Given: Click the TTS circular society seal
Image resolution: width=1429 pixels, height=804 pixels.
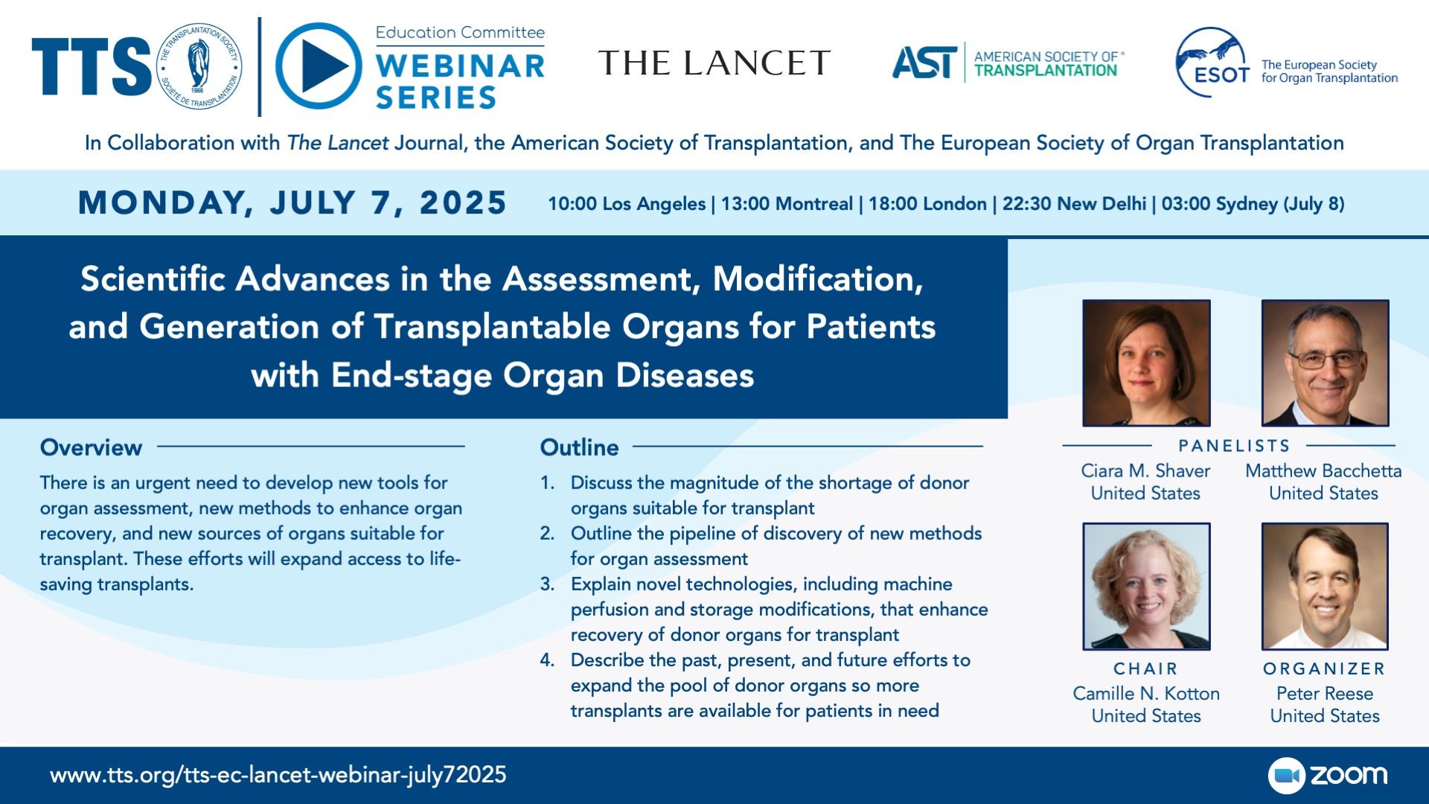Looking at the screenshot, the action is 197,66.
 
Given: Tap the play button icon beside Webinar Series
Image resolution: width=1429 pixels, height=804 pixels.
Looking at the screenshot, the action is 319,66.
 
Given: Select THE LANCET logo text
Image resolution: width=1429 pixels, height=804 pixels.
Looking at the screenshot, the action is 714,63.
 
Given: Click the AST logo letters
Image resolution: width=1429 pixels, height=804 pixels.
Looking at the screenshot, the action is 924,63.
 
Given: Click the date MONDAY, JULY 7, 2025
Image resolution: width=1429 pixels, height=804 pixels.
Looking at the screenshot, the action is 292,203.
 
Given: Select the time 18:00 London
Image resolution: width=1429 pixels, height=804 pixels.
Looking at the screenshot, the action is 927,204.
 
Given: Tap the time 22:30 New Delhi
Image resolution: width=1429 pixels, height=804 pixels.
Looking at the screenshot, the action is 1074,204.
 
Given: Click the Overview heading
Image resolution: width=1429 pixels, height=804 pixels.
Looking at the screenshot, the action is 91,447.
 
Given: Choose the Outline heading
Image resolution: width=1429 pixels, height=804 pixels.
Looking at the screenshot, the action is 579,447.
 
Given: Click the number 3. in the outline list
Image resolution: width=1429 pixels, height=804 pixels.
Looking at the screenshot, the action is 548,584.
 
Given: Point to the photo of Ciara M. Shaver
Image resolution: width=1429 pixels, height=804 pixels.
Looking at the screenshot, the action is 1146,363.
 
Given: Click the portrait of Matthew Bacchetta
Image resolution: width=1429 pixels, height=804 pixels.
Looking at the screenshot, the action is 1325,363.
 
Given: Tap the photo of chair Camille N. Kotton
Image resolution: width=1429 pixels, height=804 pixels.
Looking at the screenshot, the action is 1146,586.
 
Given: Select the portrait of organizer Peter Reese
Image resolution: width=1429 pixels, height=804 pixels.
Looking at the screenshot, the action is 1325,586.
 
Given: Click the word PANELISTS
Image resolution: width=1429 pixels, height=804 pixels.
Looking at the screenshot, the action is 1234,446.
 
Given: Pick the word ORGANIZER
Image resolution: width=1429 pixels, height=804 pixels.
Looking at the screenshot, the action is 1324,669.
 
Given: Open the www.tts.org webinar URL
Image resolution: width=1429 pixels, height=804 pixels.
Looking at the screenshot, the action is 278,775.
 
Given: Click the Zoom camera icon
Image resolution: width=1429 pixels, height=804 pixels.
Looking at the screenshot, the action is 1287,776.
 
